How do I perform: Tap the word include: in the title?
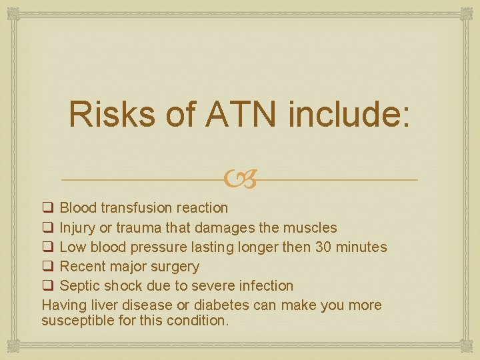pos(351,114)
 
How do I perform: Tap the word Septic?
pos(79,286)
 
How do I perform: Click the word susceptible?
pos(76,320)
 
